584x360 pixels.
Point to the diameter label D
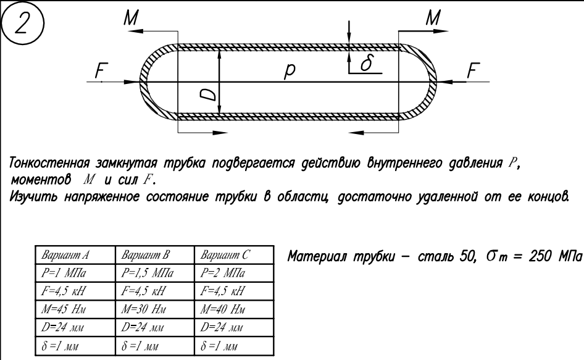(x=210, y=93)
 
